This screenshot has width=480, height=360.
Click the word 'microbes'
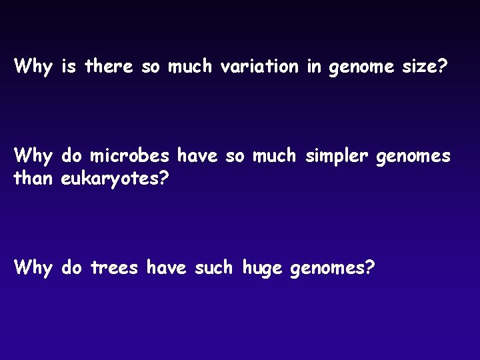(x=130, y=157)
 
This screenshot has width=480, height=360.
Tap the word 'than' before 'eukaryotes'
(x=34, y=178)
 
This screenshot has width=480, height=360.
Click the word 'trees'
(x=115, y=268)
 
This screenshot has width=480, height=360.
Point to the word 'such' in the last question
(x=214, y=268)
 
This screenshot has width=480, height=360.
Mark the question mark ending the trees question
(x=370, y=268)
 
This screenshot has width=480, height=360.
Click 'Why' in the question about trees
(x=33, y=268)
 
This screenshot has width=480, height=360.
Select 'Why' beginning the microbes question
(x=33, y=157)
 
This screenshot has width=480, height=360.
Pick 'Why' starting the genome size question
(x=33, y=67)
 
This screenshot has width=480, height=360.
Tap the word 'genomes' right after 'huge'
(x=327, y=269)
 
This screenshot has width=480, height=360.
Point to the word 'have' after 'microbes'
(x=198, y=157)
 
